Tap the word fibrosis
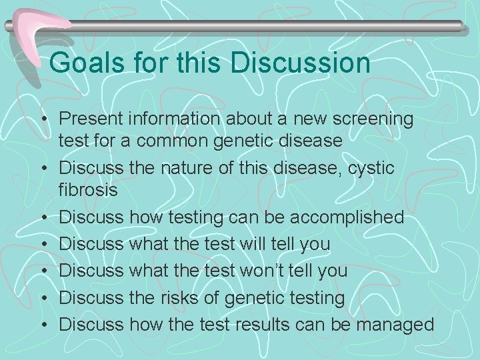click(88, 189)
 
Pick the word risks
click(177, 297)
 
